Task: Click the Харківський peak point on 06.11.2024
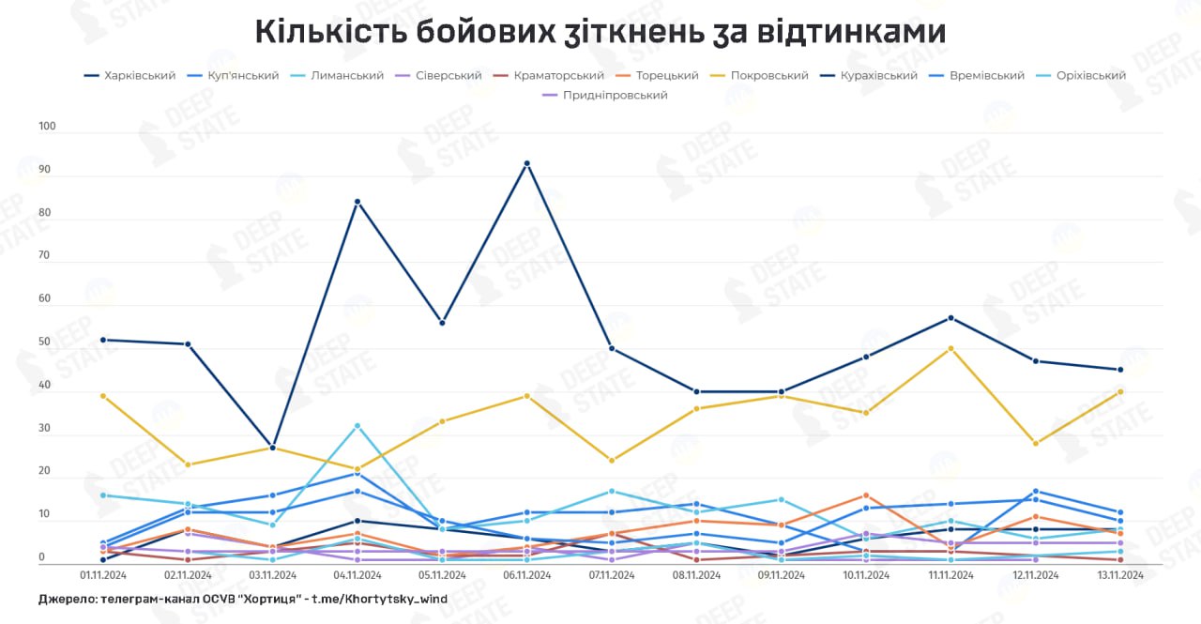tap(527, 163)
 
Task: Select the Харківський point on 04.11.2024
tap(357, 202)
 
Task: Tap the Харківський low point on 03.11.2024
tap(273, 448)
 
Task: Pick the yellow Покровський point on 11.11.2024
tap(950, 348)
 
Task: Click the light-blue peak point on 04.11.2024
tap(357, 426)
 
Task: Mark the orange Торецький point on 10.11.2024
tap(866, 495)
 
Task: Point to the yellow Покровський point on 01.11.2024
tap(103, 396)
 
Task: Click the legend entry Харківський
tap(140, 75)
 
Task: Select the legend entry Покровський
tap(769, 75)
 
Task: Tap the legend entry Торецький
tap(667, 75)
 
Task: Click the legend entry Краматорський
tap(558, 75)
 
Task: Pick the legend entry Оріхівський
tap(1089, 75)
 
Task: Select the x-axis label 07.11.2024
tap(612, 575)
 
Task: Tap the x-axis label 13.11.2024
tap(1120, 575)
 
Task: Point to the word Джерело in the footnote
tap(70, 599)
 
